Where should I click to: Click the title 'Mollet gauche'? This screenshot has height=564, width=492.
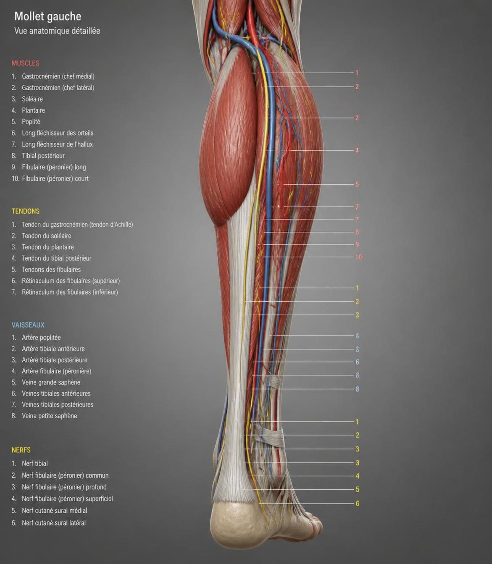pyautogui.click(x=48, y=16)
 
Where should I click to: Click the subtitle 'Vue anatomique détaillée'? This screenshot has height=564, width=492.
pyautogui.click(x=57, y=31)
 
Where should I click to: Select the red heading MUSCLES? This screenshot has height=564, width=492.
pyautogui.click(x=25, y=63)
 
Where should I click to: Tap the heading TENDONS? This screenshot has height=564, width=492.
pyautogui.click(x=26, y=211)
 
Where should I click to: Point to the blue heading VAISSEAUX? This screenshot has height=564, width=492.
pyautogui.click(x=28, y=325)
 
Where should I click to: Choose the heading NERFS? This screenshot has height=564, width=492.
pyautogui.click(x=21, y=450)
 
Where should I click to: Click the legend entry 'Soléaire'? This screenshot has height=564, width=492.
pyautogui.click(x=32, y=99)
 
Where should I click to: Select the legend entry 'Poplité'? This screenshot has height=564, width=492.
pyautogui.click(x=31, y=121)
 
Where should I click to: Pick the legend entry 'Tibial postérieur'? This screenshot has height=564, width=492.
pyautogui.click(x=43, y=155)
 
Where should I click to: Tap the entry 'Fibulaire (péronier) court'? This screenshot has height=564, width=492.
pyautogui.click(x=55, y=178)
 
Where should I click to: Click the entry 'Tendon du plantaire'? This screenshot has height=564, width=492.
pyautogui.click(x=48, y=247)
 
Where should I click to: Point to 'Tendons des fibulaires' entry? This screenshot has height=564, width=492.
pyautogui.click(x=51, y=269)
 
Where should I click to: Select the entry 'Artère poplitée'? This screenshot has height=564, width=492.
pyautogui.click(x=41, y=337)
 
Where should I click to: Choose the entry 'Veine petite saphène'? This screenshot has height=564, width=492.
pyautogui.click(x=49, y=416)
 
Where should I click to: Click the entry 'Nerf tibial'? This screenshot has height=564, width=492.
pyautogui.click(x=35, y=463)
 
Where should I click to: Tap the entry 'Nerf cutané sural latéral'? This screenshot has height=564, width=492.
pyautogui.click(x=54, y=523)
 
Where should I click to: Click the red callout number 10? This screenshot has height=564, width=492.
pyautogui.click(x=358, y=257)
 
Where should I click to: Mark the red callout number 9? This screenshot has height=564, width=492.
pyautogui.click(x=357, y=244)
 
